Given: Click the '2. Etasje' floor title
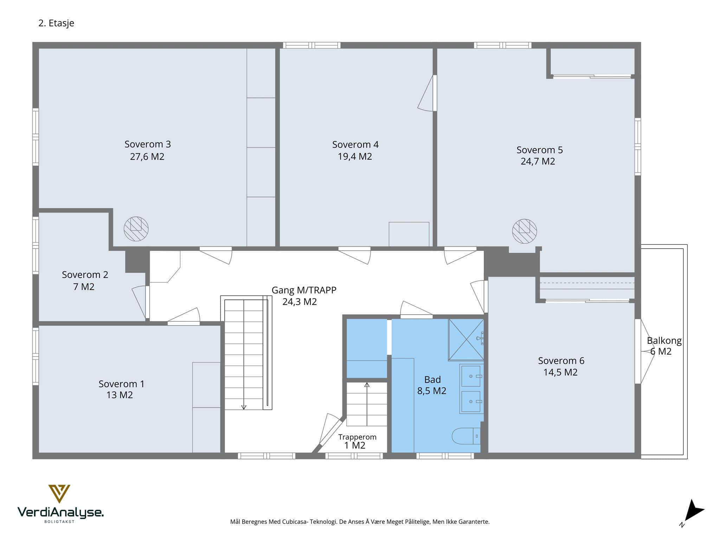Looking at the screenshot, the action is [56, 23].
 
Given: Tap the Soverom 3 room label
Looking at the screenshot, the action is [148, 144].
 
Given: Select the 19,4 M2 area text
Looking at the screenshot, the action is [355, 156].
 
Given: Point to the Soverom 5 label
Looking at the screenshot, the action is [540, 150].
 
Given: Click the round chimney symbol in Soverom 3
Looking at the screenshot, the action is [136, 229].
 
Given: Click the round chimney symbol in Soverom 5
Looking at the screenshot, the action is [525, 231].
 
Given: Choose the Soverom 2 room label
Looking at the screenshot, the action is [85, 275].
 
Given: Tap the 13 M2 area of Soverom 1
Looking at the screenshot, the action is [120, 395].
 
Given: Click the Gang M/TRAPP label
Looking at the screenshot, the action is [304, 290].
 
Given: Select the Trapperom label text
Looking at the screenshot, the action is [357, 437].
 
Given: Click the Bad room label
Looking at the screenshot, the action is [432, 380].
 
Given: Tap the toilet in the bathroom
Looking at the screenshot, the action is [466, 436].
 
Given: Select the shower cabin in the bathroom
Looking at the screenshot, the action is [466, 340].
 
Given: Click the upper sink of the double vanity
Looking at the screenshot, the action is [471, 376].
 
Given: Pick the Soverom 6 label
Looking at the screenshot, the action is [561, 361].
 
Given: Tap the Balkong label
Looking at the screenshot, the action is [664, 341].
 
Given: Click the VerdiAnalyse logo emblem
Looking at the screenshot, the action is [59, 494].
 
